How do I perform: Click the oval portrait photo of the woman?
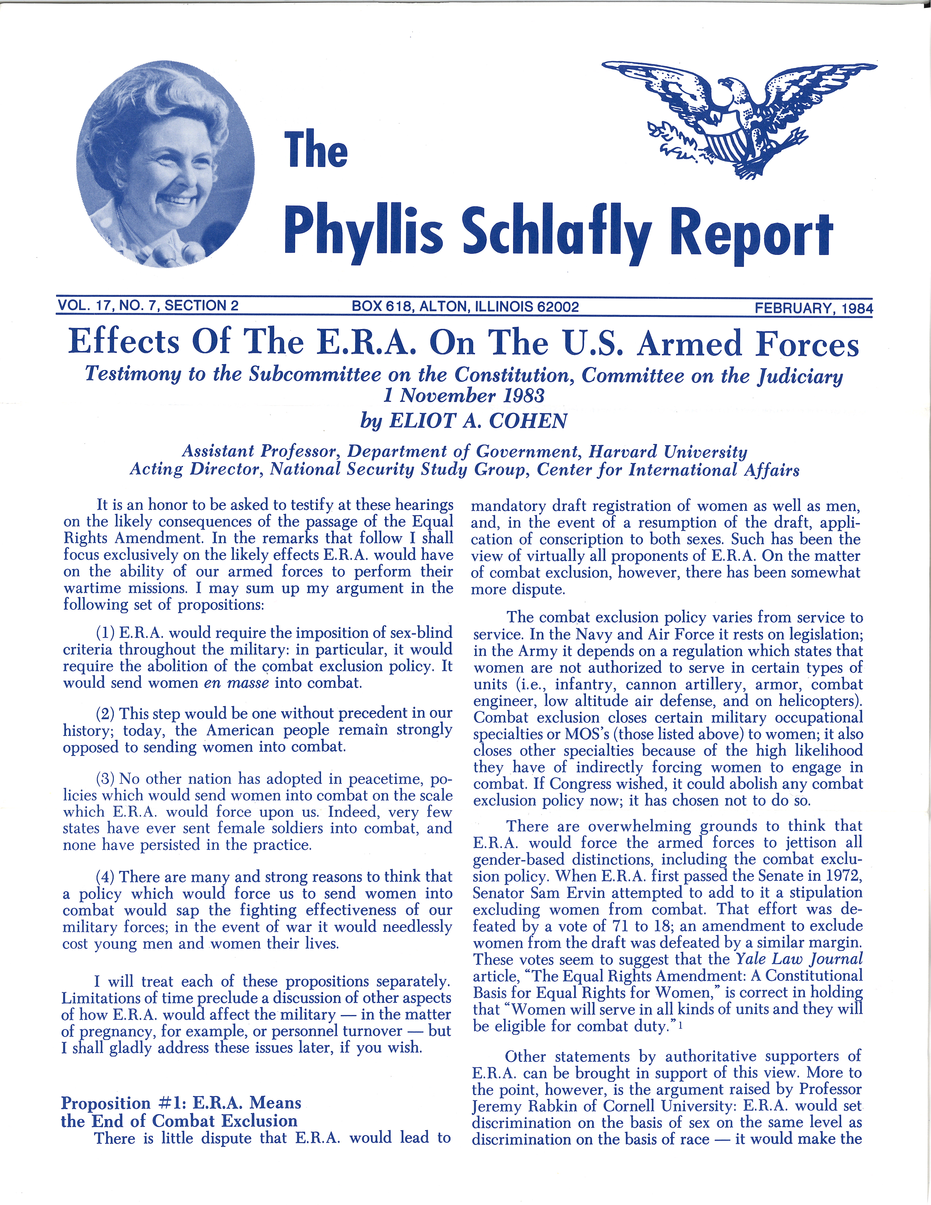[x=165, y=164]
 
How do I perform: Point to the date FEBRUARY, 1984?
[x=813, y=307]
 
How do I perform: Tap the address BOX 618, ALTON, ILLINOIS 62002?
[x=465, y=306]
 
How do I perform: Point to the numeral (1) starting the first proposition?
[x=105, y=632]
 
